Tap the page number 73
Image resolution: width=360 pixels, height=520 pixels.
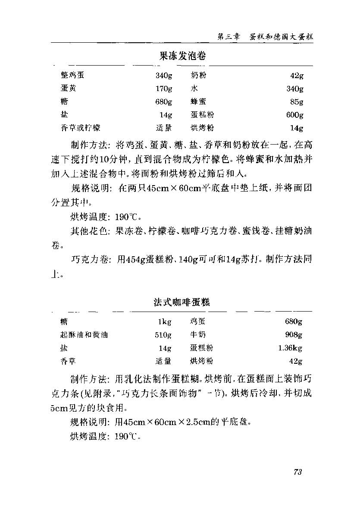click(x=297, y=472)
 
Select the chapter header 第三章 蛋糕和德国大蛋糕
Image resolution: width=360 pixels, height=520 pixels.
click(x=265, y=37)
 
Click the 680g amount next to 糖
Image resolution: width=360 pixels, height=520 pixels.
click(x=164, y=102)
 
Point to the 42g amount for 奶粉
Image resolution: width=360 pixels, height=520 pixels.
click(x=297, y=76)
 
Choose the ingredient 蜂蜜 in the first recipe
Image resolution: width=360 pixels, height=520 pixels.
click(x=198, y=102)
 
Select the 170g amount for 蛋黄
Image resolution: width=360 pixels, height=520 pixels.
click(x=164, y=89)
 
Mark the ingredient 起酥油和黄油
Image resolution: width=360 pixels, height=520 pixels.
click(x=84, y=335)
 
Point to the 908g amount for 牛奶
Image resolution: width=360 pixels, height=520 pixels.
click(x=294, y=335)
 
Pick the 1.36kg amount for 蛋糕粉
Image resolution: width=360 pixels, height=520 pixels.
click(x=290, y=348)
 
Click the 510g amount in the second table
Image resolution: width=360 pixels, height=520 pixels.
click(x=163, y=335)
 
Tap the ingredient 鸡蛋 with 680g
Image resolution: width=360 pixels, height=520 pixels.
click(x=198, y=322)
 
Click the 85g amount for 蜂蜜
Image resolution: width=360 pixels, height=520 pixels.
click(x=297, y=102)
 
